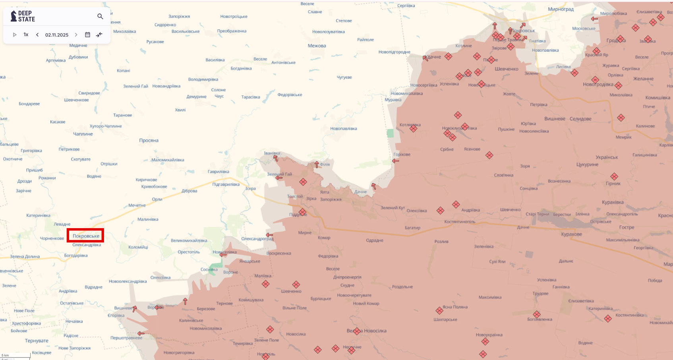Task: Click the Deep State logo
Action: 23,16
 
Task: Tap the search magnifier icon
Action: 100,16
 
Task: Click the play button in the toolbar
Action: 15,35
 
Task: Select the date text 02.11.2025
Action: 57,35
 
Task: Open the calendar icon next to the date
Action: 88,35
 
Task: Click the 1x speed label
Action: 26,35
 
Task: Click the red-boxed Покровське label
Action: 86,236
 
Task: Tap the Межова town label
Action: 317,46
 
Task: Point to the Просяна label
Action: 149,140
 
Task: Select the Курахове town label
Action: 571,234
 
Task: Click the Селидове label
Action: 580,119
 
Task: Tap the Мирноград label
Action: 561,9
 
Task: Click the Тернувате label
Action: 37,341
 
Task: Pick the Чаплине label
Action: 83,134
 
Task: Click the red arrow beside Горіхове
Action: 395,161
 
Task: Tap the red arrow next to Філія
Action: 317,165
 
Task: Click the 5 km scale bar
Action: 15,355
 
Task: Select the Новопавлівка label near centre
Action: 343,128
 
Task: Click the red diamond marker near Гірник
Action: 614,176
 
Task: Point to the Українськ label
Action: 607,157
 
